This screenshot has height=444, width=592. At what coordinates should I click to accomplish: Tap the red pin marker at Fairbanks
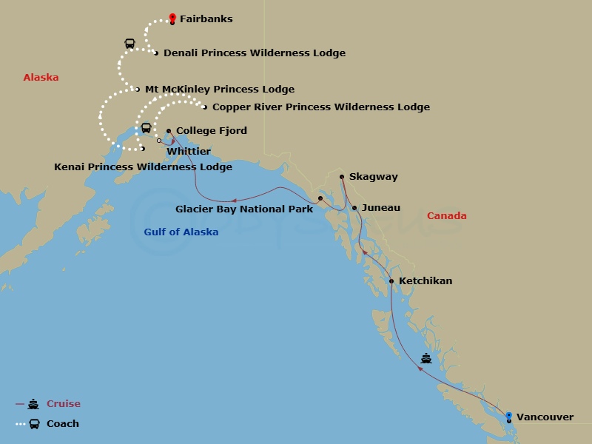tap(172, 17)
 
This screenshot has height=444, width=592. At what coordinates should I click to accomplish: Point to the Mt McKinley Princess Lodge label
tap(219, 90)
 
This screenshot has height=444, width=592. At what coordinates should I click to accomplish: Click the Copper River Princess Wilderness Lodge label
tap(320, 107)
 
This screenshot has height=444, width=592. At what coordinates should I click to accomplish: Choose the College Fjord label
tap(211, 131)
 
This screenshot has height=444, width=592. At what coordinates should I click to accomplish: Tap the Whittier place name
tap(189, 151)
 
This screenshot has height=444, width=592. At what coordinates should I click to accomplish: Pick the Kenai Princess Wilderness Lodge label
tap(143, 167)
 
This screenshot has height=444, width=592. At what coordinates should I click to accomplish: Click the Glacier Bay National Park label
tap(244, 209)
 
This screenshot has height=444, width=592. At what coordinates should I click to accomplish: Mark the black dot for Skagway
tap(341, 177)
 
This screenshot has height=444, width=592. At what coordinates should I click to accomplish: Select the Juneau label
tap(381, 209)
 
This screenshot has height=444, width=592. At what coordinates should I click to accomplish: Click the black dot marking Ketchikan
tap(391, 281)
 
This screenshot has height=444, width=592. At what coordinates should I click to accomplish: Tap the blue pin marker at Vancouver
tap(508, 417)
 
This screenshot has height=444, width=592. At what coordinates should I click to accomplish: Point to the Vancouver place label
tap(545, 417)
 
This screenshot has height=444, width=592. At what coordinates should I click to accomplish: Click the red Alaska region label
tap(41, 78)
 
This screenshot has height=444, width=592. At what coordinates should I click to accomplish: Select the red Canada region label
tap(446, 216)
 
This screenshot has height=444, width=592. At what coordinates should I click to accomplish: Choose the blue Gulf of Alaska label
tap(181, 232)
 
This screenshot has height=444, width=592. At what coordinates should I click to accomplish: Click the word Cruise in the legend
tap(64, 404)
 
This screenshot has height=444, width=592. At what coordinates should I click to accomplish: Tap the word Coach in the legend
tap(63, 424)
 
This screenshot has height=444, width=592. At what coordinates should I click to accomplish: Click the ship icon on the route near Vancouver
tap(426, 359)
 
